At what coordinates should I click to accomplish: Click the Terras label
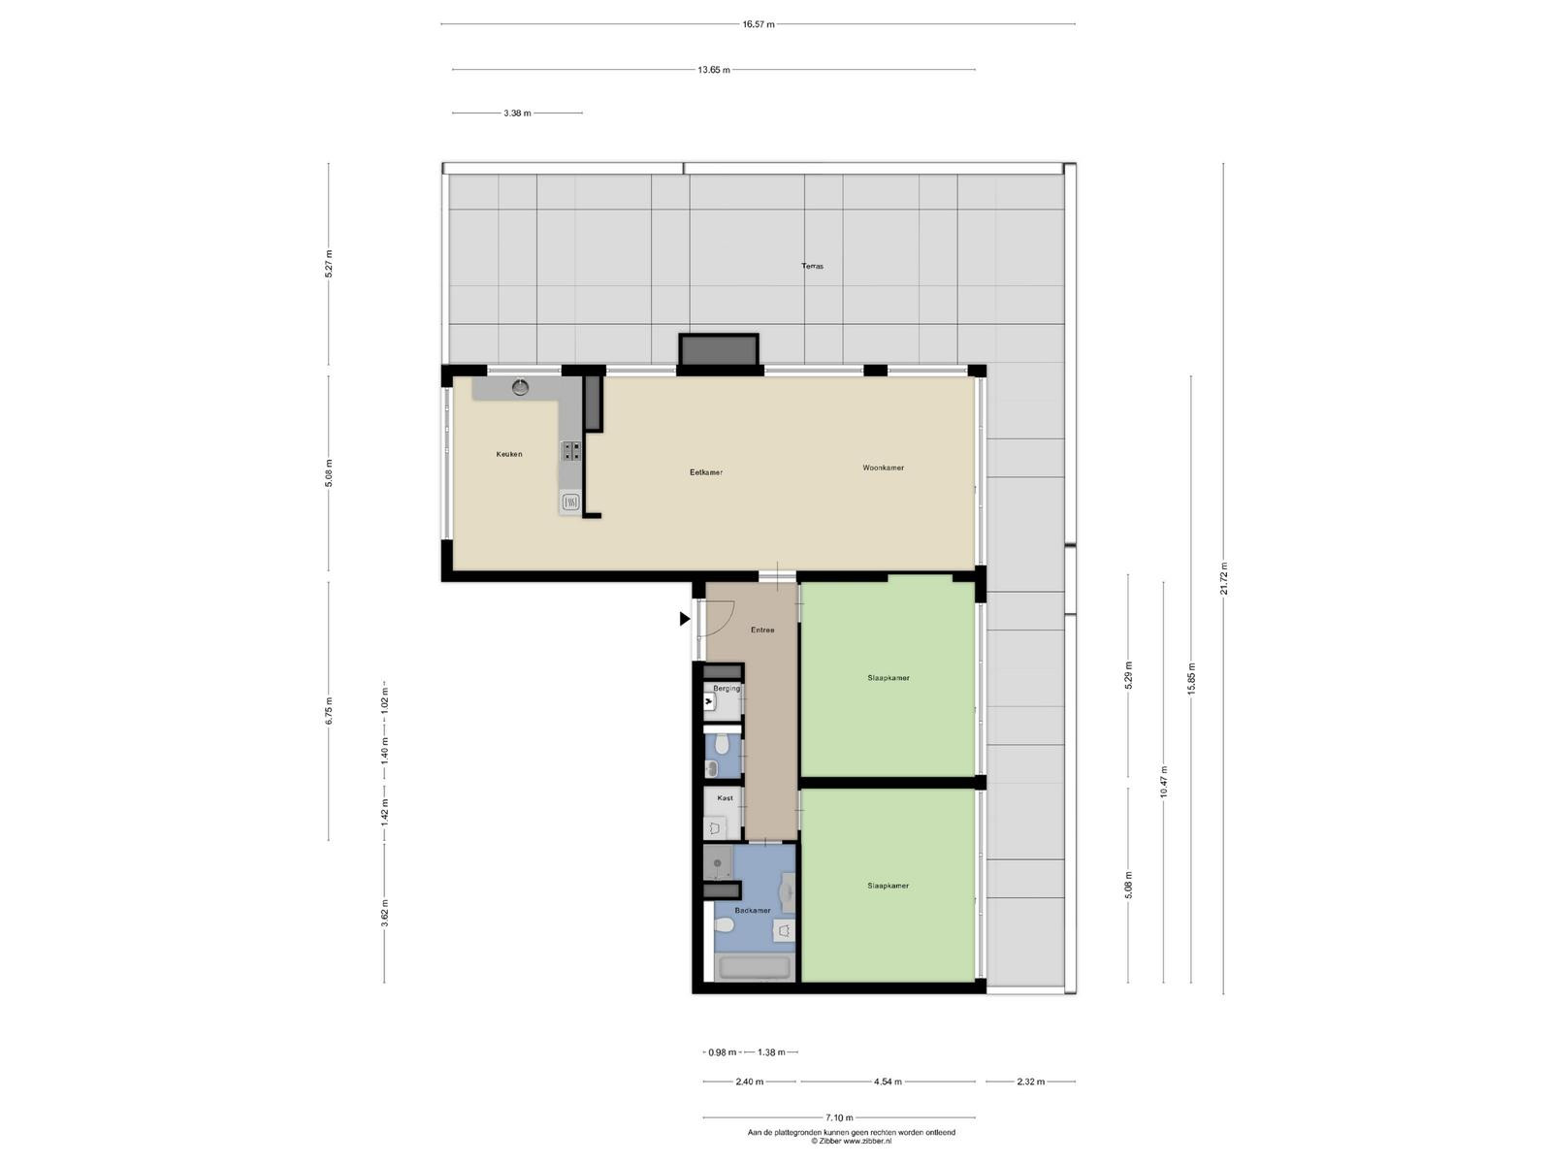tap(812, 267)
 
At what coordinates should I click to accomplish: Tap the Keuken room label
tap(509, 454)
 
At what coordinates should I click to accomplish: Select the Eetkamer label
tap(706, 472)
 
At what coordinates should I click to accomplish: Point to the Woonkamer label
tap(883, 468)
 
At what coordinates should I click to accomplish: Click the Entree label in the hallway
tap(762, 630)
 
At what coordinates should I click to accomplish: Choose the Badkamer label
tap(753, 910)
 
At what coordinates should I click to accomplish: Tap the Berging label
tap(727, 689)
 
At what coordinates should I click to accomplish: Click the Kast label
tap(725, 798)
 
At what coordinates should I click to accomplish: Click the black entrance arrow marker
tap(685, 619)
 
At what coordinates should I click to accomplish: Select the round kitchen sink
tap(520, 387)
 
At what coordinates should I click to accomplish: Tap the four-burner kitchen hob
tap(571, 451)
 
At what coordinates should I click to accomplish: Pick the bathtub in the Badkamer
tap(753, 967)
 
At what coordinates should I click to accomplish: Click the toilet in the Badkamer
tap(723, 925)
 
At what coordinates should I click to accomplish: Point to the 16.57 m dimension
tap(758, 24)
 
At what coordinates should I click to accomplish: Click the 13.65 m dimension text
tap(713, 70)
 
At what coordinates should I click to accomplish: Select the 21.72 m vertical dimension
tap(1223, 578)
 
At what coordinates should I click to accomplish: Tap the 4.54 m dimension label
tap(888, 1082)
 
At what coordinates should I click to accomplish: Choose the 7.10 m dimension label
tap(839, 1117)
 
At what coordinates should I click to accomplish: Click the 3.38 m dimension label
tap(517, 113)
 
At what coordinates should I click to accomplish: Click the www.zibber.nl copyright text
tap(851, 1141)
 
